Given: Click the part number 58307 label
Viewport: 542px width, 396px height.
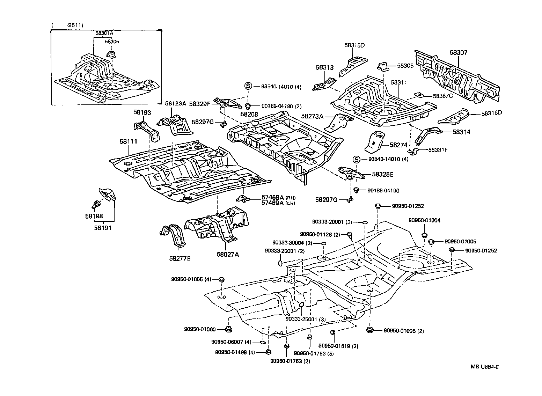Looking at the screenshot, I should pyautogui.click(x=458, y=53).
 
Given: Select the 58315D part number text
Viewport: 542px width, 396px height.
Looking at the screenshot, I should pyautogui.click(x=354, y=45).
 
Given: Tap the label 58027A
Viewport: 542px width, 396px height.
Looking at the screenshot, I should pyautogui.click(x=228, y=255).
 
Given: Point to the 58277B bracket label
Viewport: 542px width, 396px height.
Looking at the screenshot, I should pyautogui.click(x=180, y=258).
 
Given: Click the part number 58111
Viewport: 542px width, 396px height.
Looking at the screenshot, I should pyautogui.click(x=128, y=141).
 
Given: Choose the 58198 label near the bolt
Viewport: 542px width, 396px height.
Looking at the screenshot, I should pyautogui.click(x=94, y=216).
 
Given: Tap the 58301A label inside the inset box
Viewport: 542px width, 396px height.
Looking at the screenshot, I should pyautogui.click(x=104, y=33).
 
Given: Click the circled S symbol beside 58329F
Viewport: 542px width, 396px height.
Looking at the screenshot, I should pyautogui.click(x=248, y=86).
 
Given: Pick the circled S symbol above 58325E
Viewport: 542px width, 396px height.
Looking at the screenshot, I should pyautogui.click(x=356, y=159).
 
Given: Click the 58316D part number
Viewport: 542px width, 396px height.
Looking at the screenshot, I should pyautogui.click(x=492, y=113).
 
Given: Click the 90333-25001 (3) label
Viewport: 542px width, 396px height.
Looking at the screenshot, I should pyautogui.click(x=306, y=319).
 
